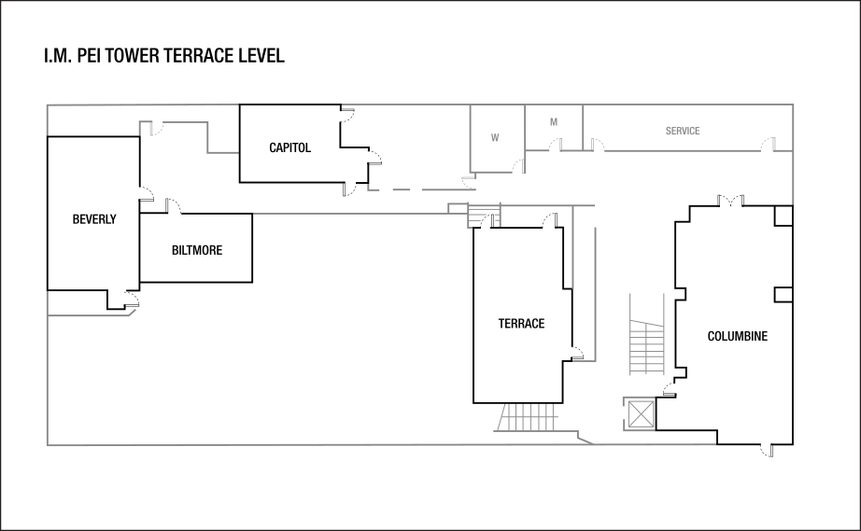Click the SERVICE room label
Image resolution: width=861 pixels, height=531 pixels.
(x=683, y=132)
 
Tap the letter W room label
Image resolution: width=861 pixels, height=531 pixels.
(x=495, y=138)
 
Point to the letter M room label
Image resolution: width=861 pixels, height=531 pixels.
(x=554, y=122)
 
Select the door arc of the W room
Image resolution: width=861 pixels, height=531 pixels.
(x=518, y=165)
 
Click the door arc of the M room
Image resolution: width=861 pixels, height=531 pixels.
(x=555, y=145)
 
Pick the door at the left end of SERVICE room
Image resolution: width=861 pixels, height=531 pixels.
(x=598, y=145)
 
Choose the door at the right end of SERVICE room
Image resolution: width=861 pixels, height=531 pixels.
(x=768, y=144)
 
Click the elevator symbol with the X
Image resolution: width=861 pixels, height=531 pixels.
(x=640, y=413)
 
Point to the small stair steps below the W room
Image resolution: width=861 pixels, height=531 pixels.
(x=484, y=216)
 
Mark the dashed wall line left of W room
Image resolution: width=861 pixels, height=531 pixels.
(x=411, y=189)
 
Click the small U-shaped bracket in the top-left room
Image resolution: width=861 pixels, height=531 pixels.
(x=146, y=128)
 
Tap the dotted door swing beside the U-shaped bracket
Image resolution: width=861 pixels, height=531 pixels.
(x=160, y=129)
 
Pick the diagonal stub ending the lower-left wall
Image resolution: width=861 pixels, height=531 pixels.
(x=133, y=313)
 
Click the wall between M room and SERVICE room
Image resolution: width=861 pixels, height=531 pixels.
(x=584, y=127)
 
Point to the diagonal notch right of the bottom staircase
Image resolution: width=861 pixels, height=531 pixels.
(x=585, y=437)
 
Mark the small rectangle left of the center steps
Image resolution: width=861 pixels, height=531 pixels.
(x=458, y=207)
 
